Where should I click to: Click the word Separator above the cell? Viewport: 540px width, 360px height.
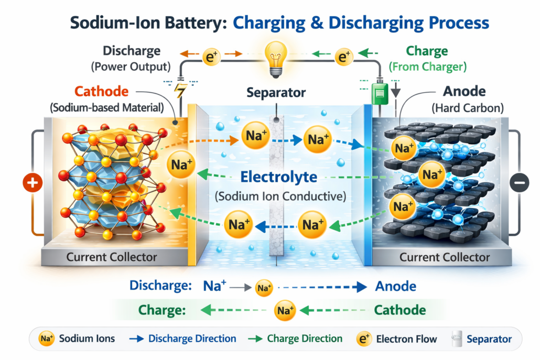tap(276, 93)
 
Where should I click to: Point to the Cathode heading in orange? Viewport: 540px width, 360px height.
tap(101, 92)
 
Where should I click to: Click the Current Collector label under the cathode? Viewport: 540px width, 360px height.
tap(112, 257)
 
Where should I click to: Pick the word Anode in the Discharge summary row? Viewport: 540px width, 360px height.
tap(396, 286)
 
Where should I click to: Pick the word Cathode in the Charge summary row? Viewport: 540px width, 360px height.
tap(399, 310)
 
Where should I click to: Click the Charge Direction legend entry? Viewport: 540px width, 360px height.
tap(297, 339)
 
